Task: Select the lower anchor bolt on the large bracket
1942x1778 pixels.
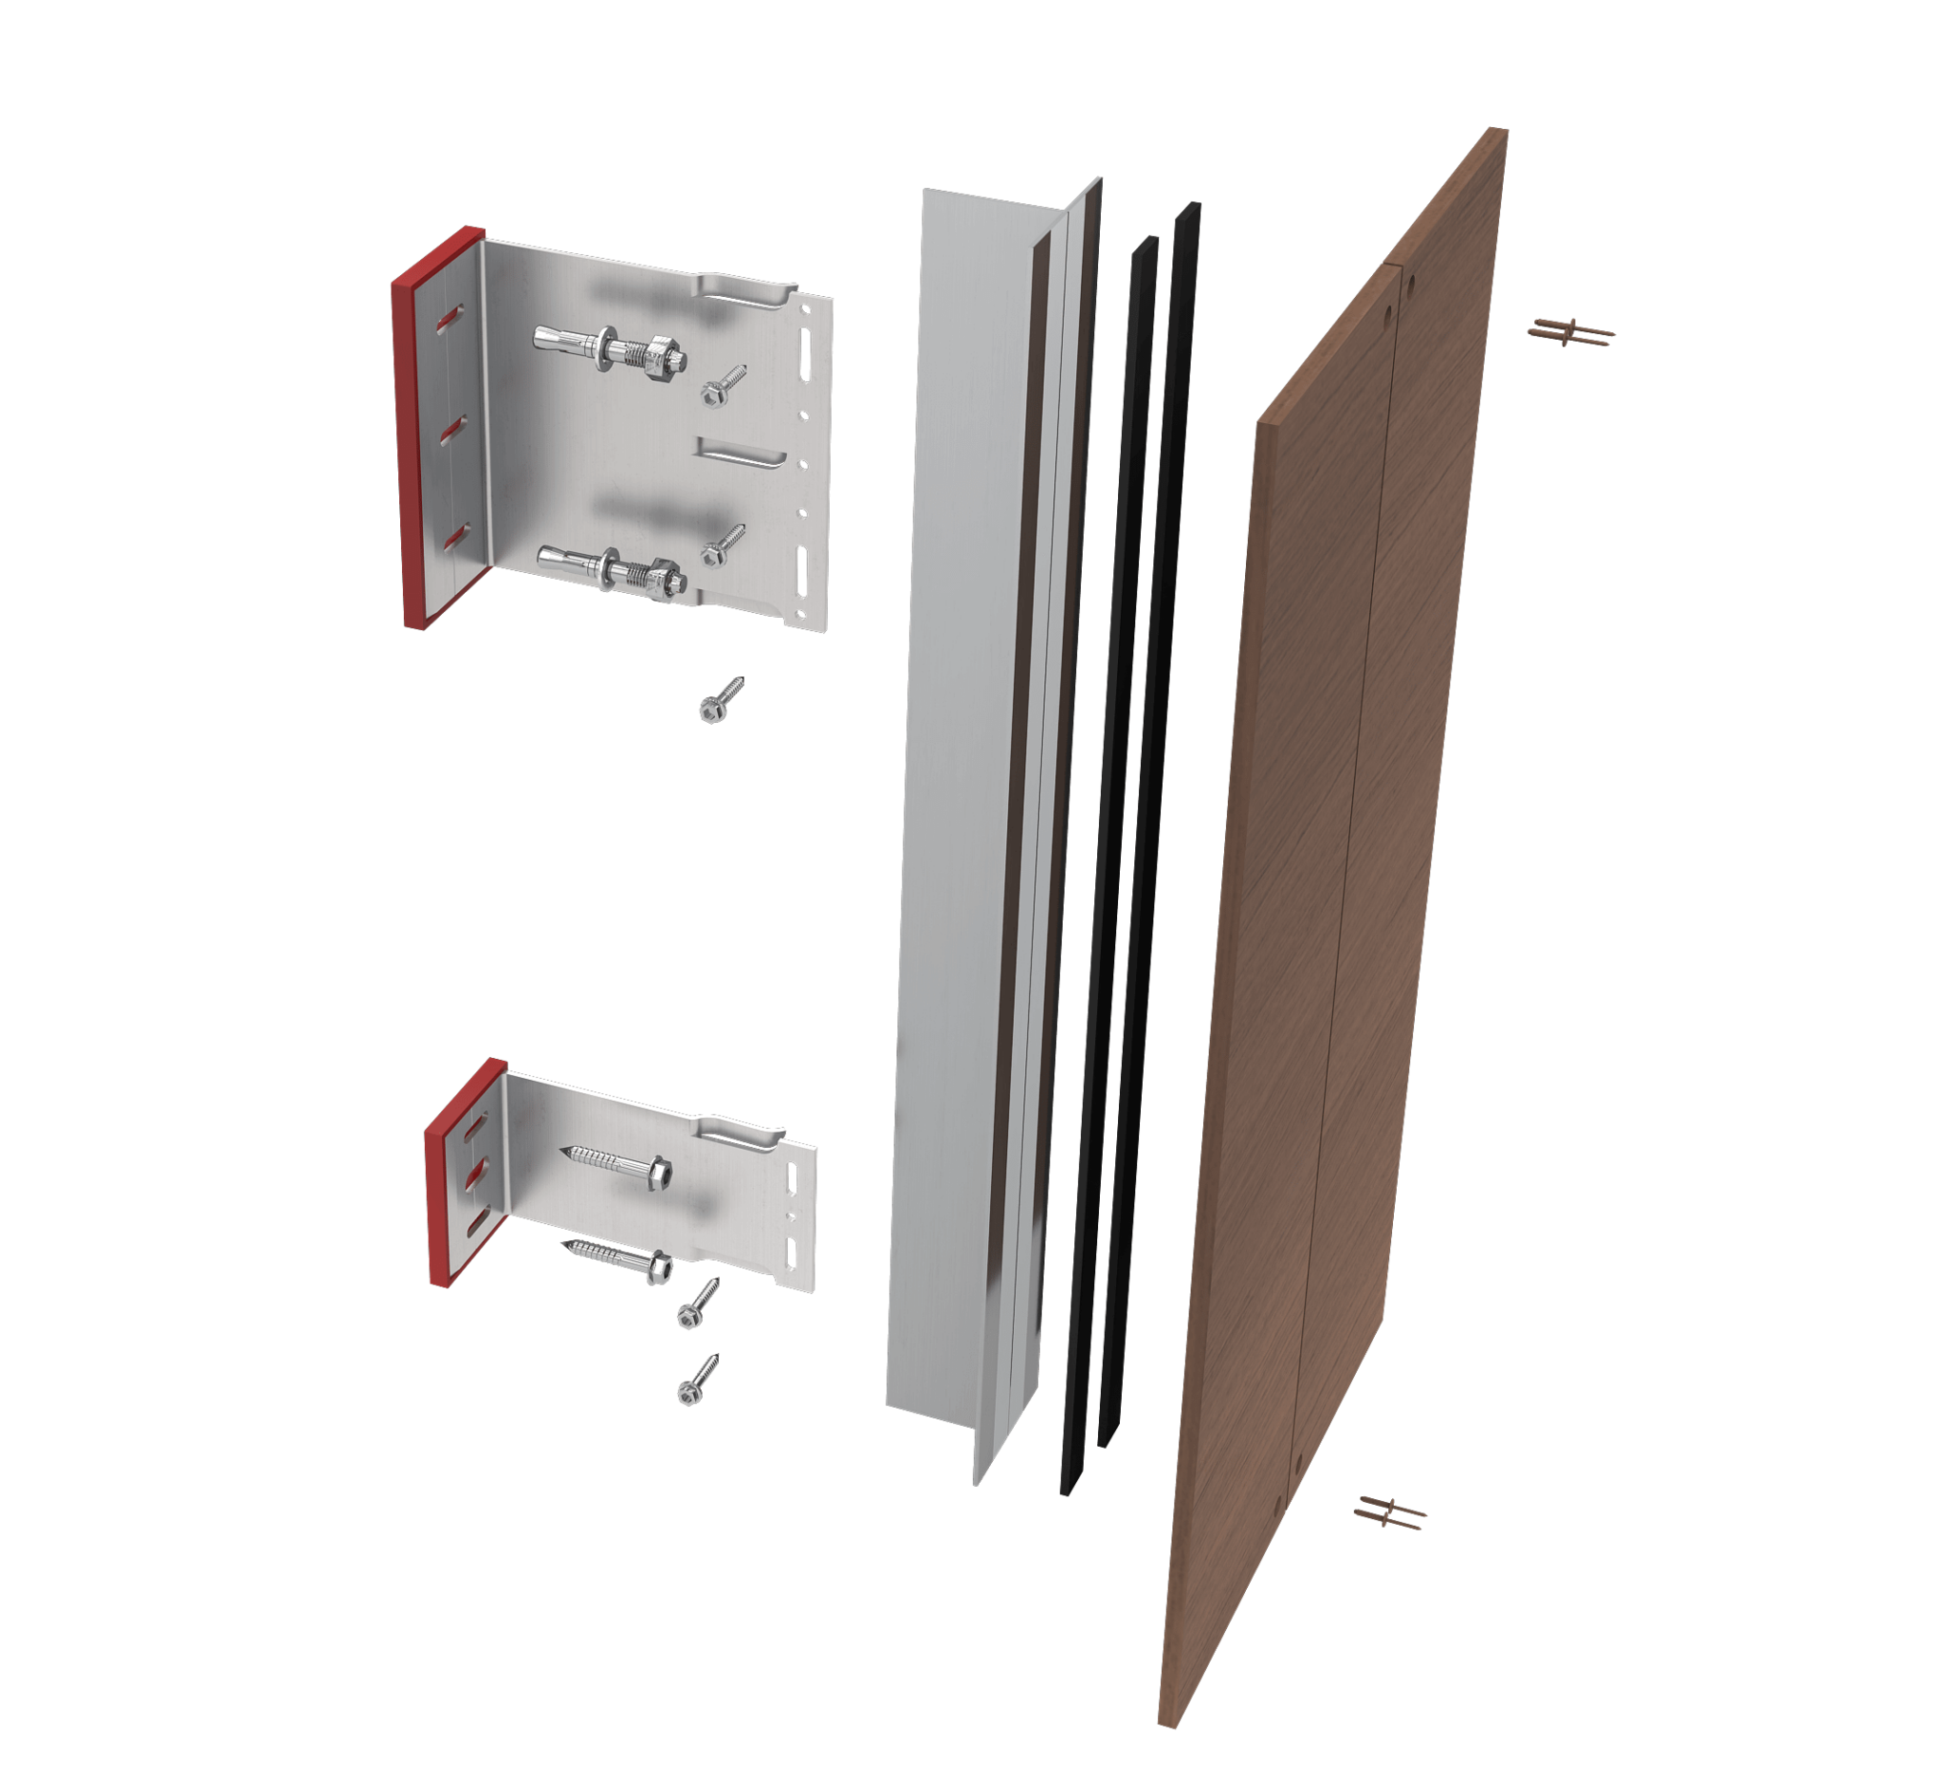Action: click(x=613, y=568)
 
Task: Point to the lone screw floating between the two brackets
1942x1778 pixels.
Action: click(x=721, y=699)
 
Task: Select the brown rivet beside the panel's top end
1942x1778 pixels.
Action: click(x=1571, y=332)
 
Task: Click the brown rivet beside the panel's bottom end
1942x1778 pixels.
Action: click(x=1390, y=1512)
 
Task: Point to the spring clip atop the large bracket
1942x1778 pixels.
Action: click(x=746, y=289)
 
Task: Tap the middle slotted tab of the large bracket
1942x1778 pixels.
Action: click(x=742, y=454)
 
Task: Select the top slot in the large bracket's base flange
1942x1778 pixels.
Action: click(x=449, y=319)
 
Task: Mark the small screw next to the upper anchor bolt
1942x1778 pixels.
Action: click(x=723, y=384)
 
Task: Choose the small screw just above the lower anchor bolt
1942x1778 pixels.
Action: click(x=723, y=546)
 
